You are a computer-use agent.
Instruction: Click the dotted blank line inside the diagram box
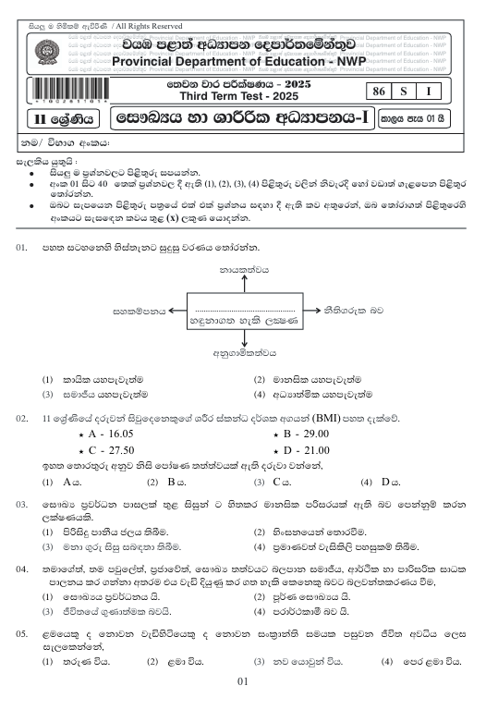(244, 307)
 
